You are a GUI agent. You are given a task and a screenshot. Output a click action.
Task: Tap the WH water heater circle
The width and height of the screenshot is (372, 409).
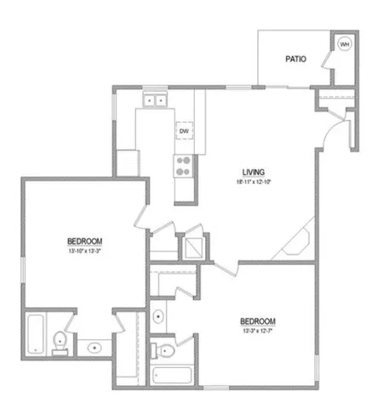click(346, 44)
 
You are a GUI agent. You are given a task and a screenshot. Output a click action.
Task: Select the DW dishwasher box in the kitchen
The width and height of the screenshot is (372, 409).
click(183, 130)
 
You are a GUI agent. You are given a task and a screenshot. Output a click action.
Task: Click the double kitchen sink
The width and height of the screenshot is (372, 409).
click(156, 101)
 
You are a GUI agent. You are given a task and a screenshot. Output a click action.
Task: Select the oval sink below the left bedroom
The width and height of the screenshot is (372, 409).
click(93, 348)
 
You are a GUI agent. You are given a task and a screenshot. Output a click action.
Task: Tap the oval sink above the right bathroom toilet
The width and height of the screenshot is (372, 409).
click(159, 318)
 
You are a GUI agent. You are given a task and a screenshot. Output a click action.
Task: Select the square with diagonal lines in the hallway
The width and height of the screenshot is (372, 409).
click(193, 246)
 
